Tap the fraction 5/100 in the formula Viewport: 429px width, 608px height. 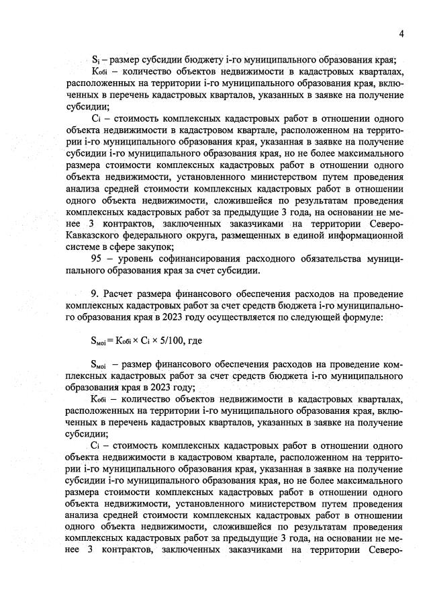pos(164,341)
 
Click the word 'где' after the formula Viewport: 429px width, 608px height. pos(195,341)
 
